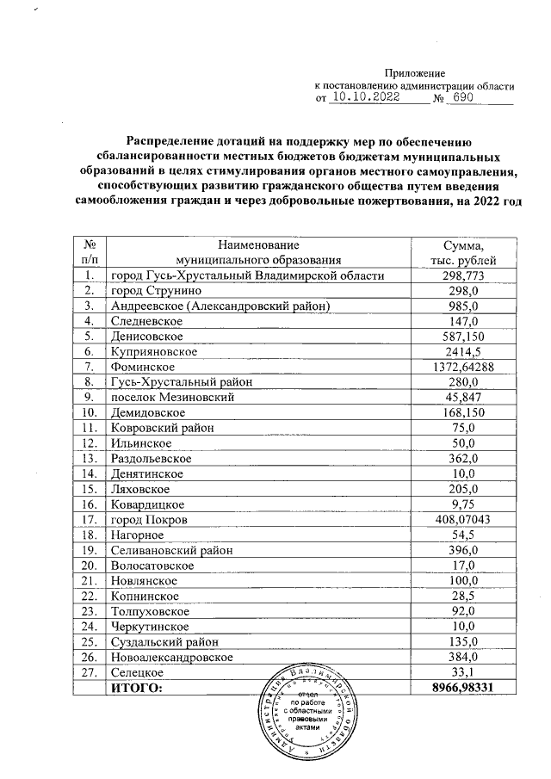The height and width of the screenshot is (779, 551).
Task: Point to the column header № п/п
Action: point(89,252)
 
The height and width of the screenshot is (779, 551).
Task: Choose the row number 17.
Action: point(89,520)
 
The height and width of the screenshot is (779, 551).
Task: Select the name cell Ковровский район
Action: point(161,429)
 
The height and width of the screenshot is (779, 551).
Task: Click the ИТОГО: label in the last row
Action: point(136,688)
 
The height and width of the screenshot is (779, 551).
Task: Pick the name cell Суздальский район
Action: point(164,642)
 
